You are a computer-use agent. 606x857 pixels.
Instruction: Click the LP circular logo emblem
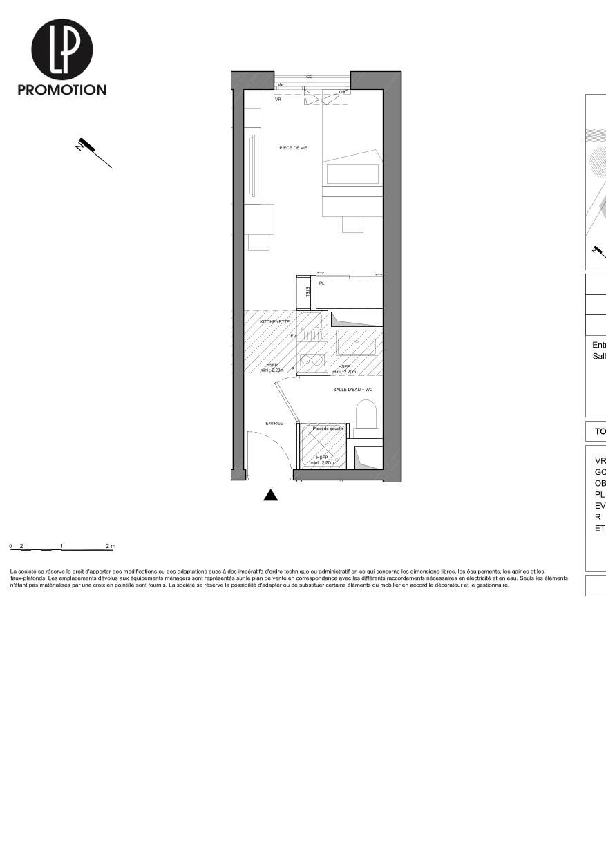[x=61, y=49]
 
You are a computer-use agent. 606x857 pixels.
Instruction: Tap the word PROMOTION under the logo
[x=61, y=90]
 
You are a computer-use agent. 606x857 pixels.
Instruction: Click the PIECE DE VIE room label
[x=293, y=148]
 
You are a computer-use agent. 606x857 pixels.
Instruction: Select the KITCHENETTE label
[x=274, y=322]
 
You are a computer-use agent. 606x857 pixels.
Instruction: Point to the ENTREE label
[x=274, y=423]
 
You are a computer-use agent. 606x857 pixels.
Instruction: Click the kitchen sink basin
[x=311, y=321]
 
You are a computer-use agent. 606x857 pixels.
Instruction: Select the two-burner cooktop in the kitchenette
[x=312, y=360]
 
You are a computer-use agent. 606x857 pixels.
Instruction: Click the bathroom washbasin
[x=356, y=346]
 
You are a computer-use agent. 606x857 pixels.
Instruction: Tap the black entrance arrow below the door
[x=271, y=495]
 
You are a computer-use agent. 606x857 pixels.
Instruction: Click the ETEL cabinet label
[x=307, y=292]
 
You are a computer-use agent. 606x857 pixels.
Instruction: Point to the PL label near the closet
[x=321, y=283]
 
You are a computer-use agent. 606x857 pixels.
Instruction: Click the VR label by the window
[x=278, y=100]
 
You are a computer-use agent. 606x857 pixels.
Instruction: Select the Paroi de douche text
[x=328, y=428]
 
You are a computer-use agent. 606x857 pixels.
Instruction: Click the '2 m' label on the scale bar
[x=111, y=546]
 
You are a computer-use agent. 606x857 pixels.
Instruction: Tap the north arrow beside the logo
[x=94, y=153]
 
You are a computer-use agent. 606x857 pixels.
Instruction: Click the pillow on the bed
[x=352, y=173]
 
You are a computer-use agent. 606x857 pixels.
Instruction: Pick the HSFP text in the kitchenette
[x=272, y=366]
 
